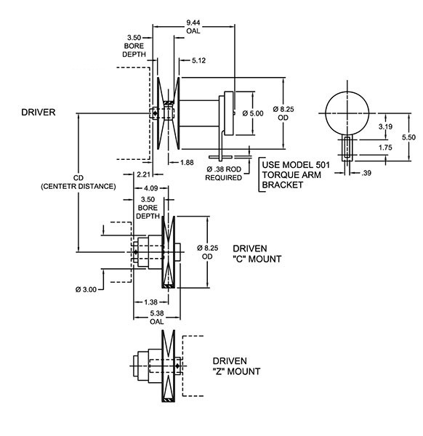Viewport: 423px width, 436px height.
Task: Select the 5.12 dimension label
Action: point(198,60)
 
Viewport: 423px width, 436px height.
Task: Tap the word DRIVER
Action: point(39,113)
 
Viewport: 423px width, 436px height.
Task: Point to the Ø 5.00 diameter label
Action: point(253,113)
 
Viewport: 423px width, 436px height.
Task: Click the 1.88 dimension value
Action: point(187,162)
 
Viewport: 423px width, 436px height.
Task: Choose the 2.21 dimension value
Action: point(144,174)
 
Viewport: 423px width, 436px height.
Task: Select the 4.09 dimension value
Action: point(151,188)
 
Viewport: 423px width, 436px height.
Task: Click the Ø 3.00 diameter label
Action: point(86,289)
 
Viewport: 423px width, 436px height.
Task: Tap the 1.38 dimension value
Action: point(151,302)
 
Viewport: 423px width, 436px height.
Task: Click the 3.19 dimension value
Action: point(385,126)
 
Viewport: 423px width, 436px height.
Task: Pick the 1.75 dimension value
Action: point(385,148)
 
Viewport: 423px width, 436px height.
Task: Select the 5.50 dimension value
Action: point(408,137)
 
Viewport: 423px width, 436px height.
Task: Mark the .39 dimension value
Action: point(366,173)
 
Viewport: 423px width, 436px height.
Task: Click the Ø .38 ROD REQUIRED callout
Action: point(224,173)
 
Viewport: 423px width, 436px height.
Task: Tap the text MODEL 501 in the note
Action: point(306,165)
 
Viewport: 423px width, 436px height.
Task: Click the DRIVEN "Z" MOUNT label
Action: point(236,366)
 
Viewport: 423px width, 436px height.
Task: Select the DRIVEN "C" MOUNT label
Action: point(257,254)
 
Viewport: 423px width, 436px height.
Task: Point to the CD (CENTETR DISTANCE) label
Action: point(78,182)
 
